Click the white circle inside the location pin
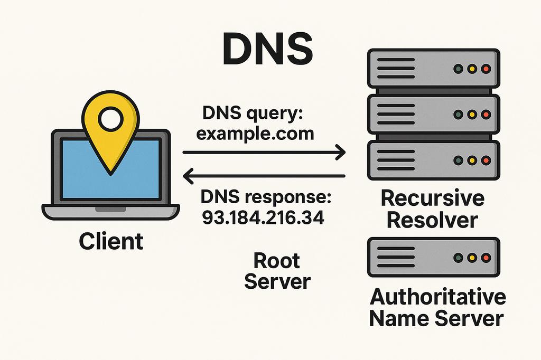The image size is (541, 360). point(110,119)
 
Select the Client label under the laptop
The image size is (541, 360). point(111,241)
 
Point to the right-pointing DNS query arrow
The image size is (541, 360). point(264,153)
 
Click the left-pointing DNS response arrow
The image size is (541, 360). point(264,176)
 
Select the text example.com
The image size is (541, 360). point(255,134)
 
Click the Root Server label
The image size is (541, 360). point(277,271)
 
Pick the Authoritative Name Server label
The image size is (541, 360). point(436,308)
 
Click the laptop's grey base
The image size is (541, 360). point(111,212)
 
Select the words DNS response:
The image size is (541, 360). point(265,198)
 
